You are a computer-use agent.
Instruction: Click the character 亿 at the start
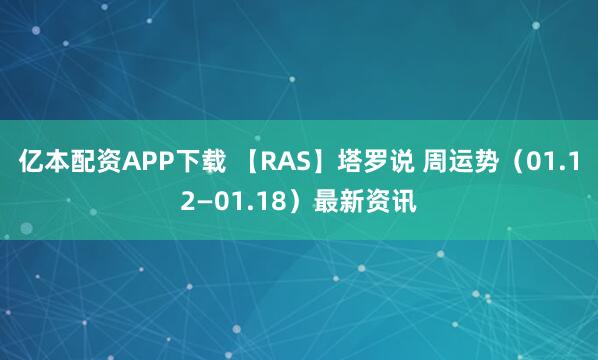pyautogui.click(x=30, y=164)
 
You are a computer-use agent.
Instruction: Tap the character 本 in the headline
pyautogui.click(x=56, y=164)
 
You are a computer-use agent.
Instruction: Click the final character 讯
pyautogui.click(x=405, y=201)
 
